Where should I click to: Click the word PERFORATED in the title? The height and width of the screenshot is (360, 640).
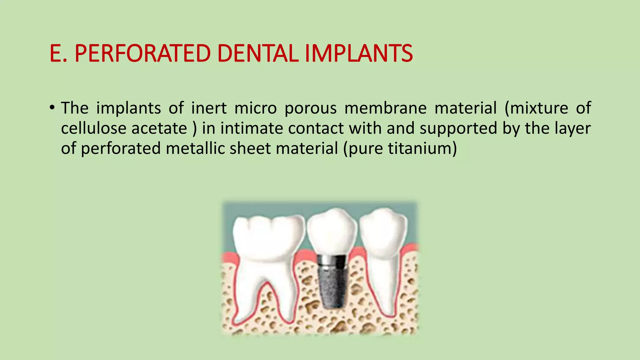[x=142, y=53]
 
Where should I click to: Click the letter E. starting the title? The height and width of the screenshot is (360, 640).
[x=58, y=53]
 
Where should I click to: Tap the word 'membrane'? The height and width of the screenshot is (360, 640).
[x=385, y=108]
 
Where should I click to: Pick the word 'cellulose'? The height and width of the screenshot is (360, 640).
[x=92, y=128]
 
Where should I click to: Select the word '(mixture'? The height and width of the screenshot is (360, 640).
[x=536, y=108]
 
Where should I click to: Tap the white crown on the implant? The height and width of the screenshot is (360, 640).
[x=332, y=231]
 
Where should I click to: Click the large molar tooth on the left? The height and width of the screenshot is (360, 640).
[x=267, y=250]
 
